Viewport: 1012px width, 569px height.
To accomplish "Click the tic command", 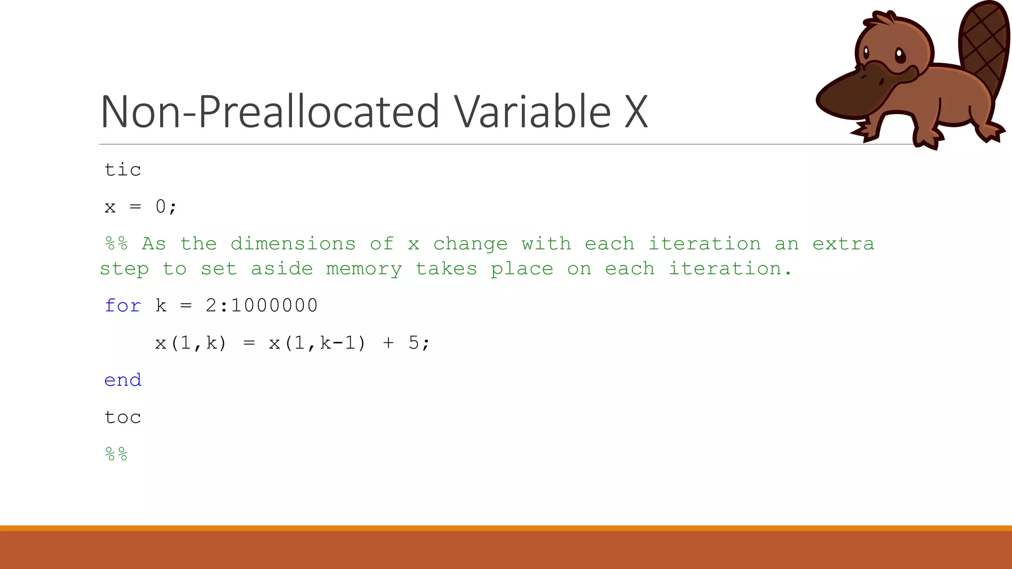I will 123,170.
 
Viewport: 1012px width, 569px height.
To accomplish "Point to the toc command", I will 123,417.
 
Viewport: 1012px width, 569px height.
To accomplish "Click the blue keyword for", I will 123,306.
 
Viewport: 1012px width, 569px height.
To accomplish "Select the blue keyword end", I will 123,380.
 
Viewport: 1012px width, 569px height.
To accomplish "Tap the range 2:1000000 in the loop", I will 261,306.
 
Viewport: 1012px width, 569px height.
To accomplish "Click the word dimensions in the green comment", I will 293,244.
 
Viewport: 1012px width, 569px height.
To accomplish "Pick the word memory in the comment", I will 364,269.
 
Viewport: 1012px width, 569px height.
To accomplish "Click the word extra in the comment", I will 843,244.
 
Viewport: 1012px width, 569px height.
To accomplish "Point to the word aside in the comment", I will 282,269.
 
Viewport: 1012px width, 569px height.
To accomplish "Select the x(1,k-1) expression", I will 317,343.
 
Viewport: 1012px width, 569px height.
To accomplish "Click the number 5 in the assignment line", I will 414,343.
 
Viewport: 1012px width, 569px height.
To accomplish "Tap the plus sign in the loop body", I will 388,343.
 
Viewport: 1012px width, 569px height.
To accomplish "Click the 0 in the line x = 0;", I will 161,206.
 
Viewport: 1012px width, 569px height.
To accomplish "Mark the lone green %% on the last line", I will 117,454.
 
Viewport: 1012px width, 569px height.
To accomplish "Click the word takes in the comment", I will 446,269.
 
